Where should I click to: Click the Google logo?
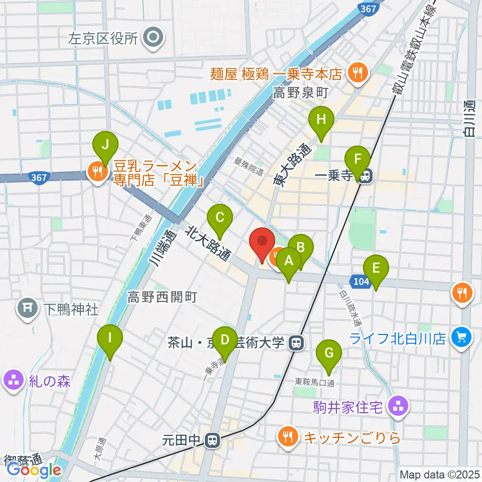34,469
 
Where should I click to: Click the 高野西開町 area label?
161,297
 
